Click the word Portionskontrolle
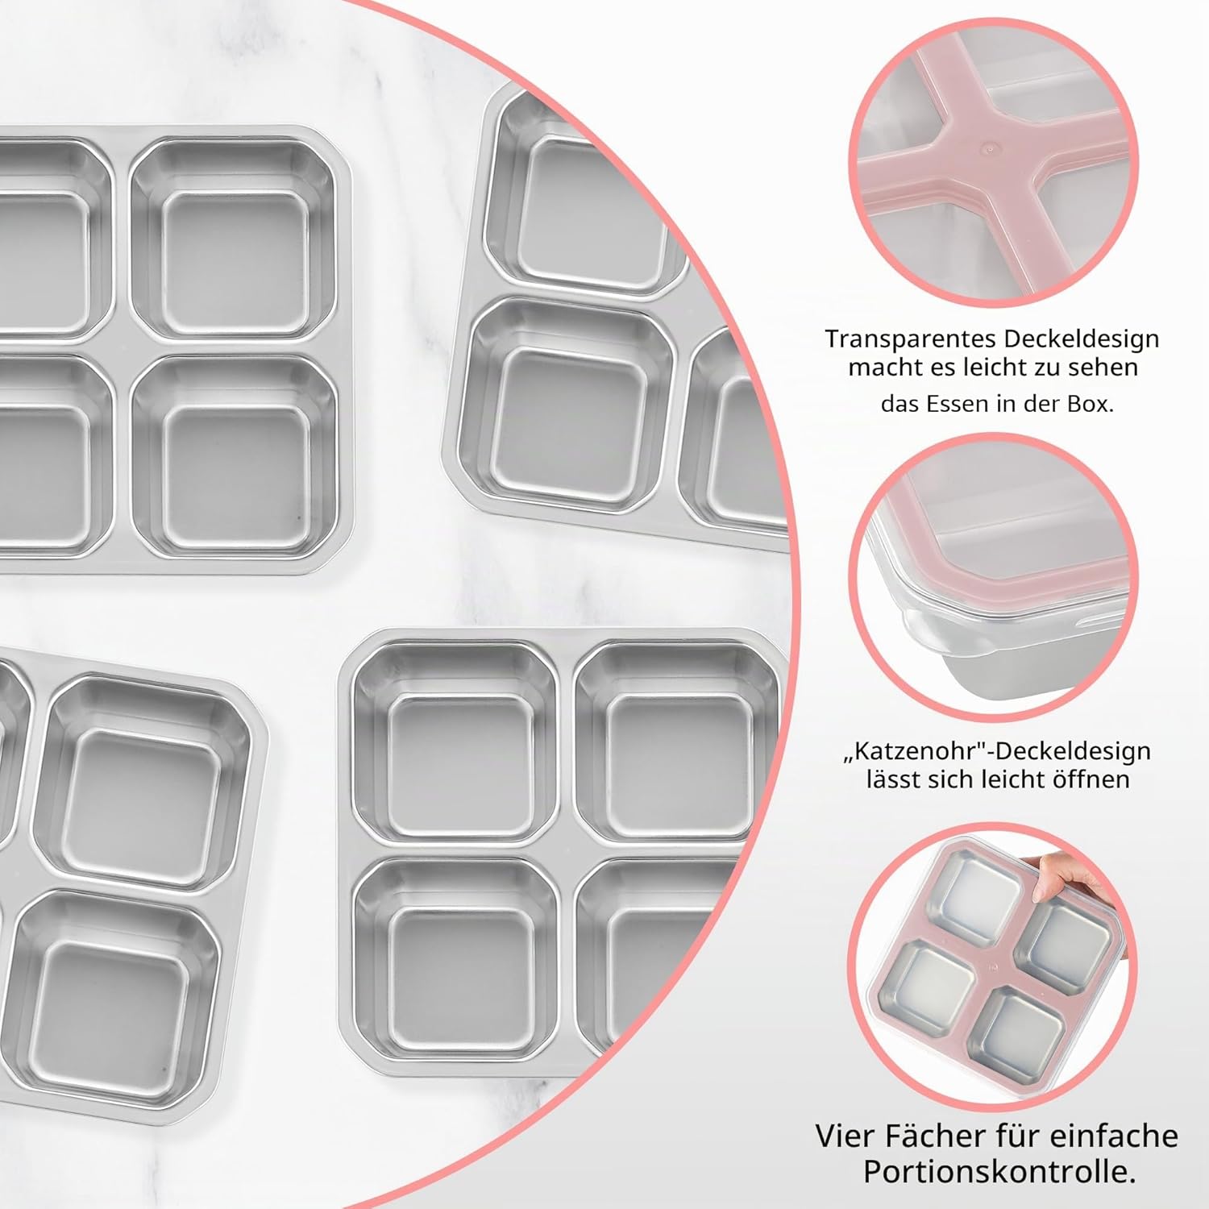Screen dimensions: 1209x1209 pyautogui.click(x=999, y=1172)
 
